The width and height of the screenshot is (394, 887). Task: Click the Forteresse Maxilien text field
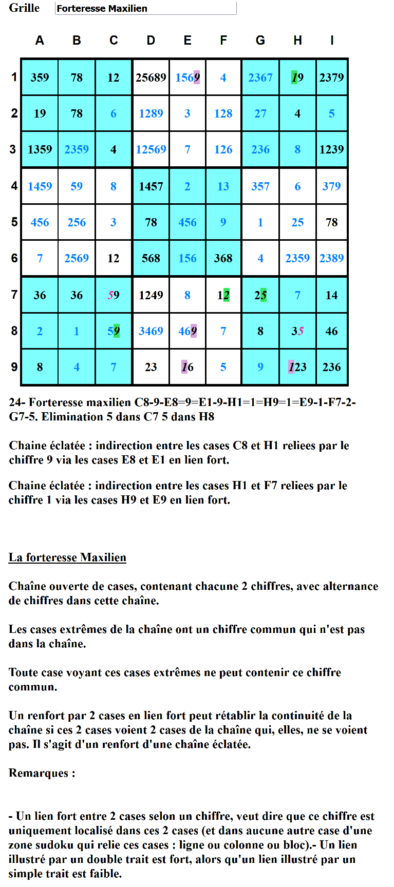coord(145,8)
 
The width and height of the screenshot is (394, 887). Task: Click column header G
coord(260,41)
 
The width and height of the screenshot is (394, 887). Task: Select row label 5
coord(14,222)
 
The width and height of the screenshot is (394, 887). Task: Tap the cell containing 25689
coord(151,78)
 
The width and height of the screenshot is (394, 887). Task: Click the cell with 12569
coord(151,149)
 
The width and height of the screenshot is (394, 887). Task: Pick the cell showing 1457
coord(151,186)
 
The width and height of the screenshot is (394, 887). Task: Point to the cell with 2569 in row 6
coord(77,258)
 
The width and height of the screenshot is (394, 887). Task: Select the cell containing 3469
coord(151,331)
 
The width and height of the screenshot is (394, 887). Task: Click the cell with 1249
coord(151,295)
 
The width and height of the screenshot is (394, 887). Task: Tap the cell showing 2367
coord(260,78)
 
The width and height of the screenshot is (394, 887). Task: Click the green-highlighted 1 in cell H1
coord(294,78)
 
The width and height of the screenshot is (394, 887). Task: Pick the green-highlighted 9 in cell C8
coord(117,331)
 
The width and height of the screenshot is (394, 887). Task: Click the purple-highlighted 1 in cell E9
coord(184,367)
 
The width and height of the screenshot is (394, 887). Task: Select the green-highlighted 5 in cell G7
coord(264,295)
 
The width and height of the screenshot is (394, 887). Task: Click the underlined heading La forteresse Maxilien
coord(67,557)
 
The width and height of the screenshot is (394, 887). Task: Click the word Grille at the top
coord(24,8)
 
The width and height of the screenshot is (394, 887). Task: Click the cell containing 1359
coord(40,149)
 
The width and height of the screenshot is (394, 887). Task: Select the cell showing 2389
coord(332,258)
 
